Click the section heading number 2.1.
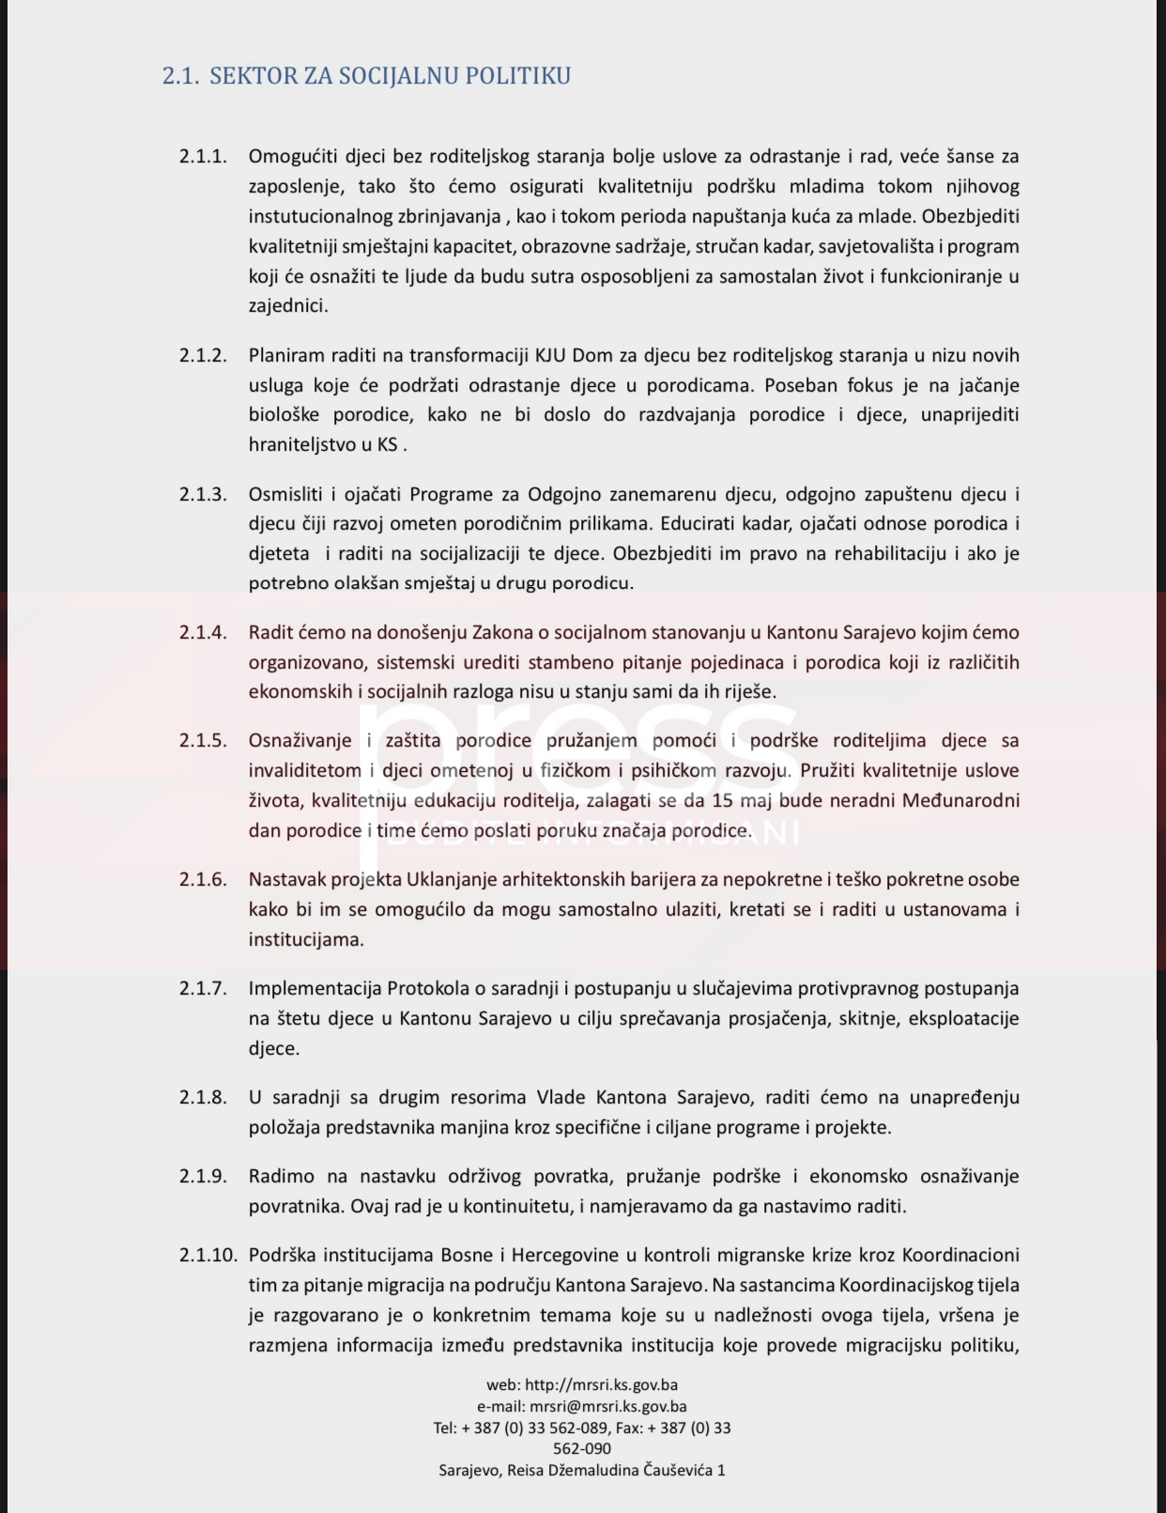(x=180, y=76)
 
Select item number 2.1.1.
(x=203, y=157)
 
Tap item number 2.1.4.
(x=203, y=633)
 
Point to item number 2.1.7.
(x=203, y=989)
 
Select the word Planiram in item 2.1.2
(x=287, y=356)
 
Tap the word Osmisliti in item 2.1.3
(x=284, y=495)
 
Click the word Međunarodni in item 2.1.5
(x=960, y=801)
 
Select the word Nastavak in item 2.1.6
(x=284, y=880)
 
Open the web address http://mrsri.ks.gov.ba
(x=601, y=1384)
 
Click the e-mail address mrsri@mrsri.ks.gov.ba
(x=607, y=1407)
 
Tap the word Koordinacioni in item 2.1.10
(x=960, y=1256)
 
